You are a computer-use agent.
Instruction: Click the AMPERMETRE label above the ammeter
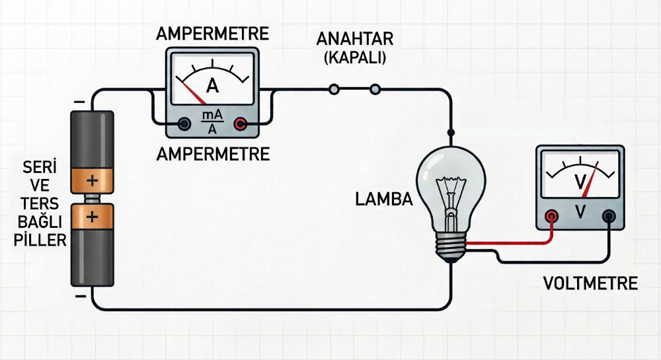tap(212, 34)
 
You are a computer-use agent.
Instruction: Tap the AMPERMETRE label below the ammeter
tap(213, 155)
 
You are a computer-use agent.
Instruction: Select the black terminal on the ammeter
tap(184, 124)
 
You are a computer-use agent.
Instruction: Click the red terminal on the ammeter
tap(241, 124)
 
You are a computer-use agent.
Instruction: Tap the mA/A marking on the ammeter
tap(212, 122)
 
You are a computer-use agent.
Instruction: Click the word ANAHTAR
tap(354, 39)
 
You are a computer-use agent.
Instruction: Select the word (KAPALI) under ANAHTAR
tap(354, 57)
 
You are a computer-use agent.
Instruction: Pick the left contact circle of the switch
tap(334, 89)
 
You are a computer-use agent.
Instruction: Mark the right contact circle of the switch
tap(375, 89)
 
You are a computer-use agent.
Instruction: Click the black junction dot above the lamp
tap(451, 133)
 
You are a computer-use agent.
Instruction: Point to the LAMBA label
tap(384, 199)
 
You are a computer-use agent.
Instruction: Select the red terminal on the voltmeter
tap(551, 217)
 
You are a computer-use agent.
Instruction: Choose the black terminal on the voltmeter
tap(608, 217)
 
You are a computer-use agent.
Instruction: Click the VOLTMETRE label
tap(590, 283)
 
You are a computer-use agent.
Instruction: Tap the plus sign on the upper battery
tap(92, 180)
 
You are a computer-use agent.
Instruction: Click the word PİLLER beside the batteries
tap(40, 240)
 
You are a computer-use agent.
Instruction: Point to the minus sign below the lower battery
tap(80, 297)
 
